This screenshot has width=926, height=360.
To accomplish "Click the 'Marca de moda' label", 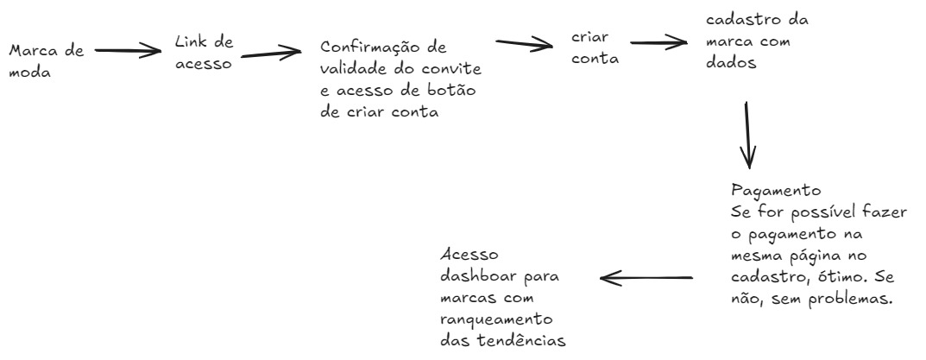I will click(x=46, y=63).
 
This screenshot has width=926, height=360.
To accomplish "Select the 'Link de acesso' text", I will click(x=203, y=53).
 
